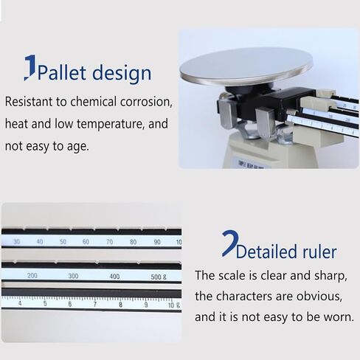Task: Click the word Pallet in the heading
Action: pyautogui.click(x=63, y=73)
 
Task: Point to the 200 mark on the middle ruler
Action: pyautogui.click(x=32, y=275)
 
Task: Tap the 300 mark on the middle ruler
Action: pyautogui.click(x=73, y=275)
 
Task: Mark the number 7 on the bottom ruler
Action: pyautogui.click(x=95, y=303)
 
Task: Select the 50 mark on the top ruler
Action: pyautogui.click(x=63, y=241)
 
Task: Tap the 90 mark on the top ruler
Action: pyautogui.click(x=156, y=241)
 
